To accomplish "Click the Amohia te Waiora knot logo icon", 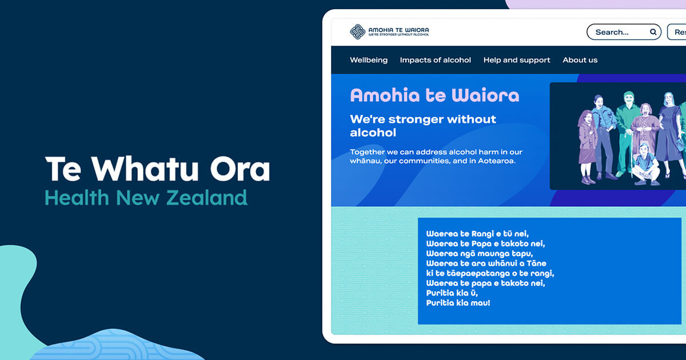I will pos(357,32).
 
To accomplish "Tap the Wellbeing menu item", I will pos(369,60).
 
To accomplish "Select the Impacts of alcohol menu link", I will pos(436,60).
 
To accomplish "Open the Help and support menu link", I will pos(517,60).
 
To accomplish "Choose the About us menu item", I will pos(580,60).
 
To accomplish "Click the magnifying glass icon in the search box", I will pos(653,32).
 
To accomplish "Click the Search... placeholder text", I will pos(612,32).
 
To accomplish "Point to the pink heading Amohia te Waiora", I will pos(434,95).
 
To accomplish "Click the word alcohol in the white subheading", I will pos(373,133).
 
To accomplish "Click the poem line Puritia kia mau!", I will pos(458,303).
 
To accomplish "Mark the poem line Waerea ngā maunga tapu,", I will pos(479,253).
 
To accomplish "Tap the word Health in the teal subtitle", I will pos(77,198).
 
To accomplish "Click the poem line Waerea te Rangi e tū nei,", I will pos(477,233).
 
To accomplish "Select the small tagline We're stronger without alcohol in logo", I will pos(398,35).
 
